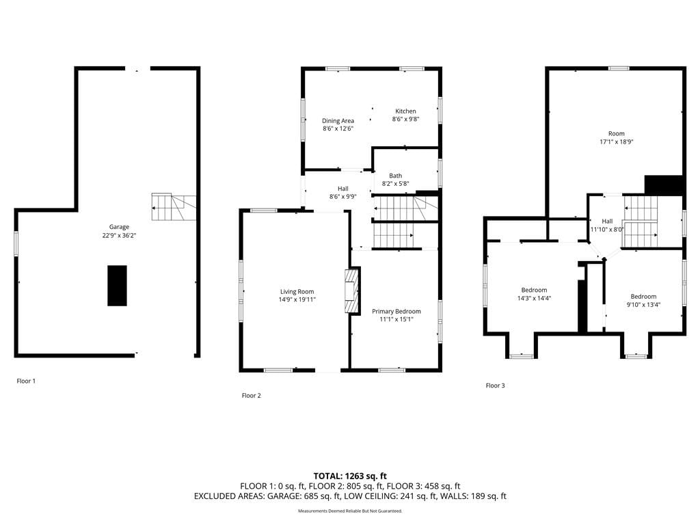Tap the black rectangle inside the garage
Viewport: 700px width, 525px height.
click(x=117, y=286)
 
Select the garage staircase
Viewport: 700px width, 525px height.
click(x=174, y=207)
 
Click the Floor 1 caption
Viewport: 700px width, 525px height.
click(x=26, y=381)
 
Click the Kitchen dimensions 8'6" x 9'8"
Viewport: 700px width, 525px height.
click(x=406, y=119)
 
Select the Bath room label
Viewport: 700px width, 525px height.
click(x=396, y=176)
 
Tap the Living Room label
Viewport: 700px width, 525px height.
click(x=297, y=291)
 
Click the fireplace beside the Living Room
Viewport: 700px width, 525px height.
click(x=352, y=291)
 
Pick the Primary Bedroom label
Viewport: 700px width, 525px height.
click(x=396, y=311)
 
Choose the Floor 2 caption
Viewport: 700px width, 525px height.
click(x=252, y=396)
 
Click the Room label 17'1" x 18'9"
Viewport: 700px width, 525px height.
click(x=617, y=137)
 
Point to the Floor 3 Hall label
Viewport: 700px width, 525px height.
click(x=607, y=221)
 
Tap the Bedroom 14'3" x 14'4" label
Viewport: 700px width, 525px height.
click(x=534, y=294)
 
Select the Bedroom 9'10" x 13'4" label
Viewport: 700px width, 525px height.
click(x=643, y=301)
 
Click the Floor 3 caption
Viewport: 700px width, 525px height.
click(x=495, y=386)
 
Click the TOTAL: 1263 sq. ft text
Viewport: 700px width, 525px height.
click(x=350, y=476)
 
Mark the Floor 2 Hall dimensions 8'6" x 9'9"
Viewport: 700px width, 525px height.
click(x=343, y=196)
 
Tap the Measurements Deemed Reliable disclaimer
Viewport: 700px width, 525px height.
click(x=350, y=511)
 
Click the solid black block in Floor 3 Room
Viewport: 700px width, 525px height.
click(x=664, y=185)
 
